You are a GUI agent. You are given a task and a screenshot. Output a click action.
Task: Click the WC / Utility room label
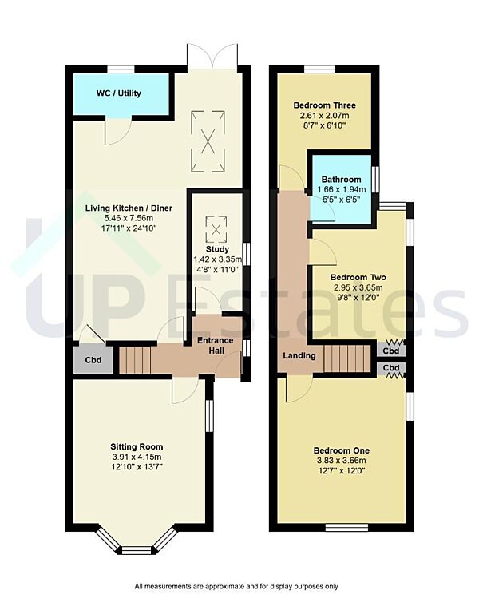(119, 93)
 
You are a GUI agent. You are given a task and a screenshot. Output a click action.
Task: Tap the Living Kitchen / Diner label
(129, 209)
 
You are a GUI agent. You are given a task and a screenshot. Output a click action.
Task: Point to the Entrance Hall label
(216, 346)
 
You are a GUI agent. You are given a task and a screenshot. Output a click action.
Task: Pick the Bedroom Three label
(324, 105)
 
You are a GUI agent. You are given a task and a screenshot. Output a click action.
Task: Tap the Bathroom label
(341, 180)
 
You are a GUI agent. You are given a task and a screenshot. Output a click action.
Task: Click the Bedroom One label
(340, 450)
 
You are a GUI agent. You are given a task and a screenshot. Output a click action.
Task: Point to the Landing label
(299, 355)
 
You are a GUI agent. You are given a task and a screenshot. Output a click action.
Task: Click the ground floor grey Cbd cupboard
(94, 360)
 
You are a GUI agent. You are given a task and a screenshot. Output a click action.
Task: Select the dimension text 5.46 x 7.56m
(129, 219)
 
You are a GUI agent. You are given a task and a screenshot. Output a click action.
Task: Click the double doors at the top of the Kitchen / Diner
(208, 56)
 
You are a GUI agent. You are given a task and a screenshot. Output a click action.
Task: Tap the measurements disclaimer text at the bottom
(237, 586)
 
